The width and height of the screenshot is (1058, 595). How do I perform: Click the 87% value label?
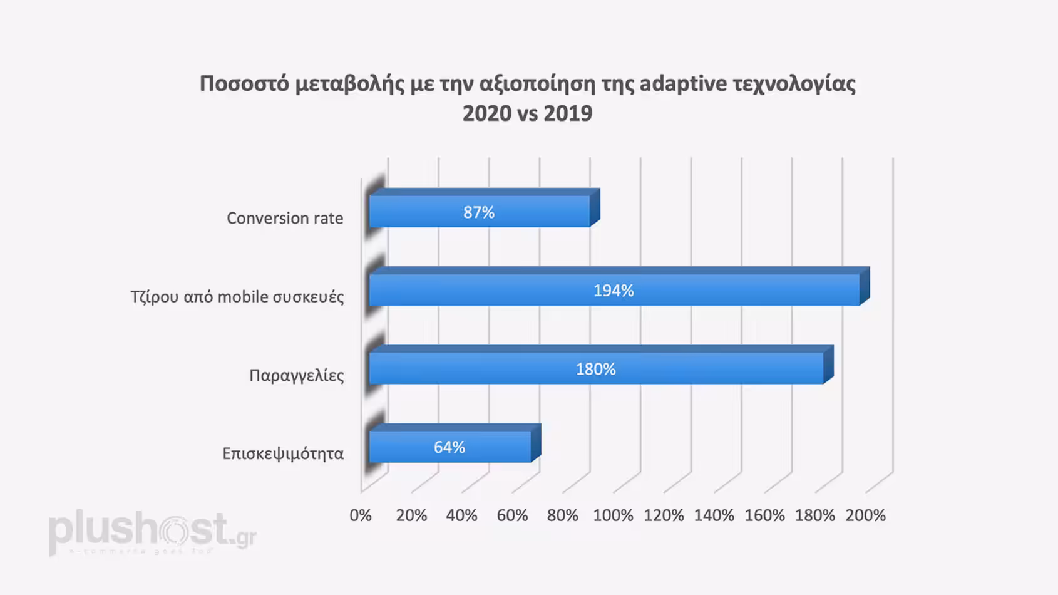coord(479,212)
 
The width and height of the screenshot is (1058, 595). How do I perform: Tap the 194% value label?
coord(614,291)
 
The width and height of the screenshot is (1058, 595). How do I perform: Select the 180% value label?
coord(595,369)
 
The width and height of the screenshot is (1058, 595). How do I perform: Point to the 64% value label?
coord(449,447)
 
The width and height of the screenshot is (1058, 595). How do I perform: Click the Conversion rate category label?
coord(285,218)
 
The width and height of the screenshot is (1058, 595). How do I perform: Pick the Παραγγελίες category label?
coord(296,375)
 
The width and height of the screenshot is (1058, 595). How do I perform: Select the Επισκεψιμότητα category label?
coord(283,453)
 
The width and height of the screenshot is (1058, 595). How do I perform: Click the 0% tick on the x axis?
coord(361,515)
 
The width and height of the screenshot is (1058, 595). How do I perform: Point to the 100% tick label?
coord(613,515)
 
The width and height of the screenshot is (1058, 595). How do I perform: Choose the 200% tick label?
coord(865,515)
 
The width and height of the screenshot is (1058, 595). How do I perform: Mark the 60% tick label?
coord(512,515)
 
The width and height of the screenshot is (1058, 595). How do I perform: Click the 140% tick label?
coord(714,515)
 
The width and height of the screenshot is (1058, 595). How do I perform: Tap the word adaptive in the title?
coord(683,83)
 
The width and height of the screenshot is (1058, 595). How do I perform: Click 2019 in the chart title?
coord(568,113)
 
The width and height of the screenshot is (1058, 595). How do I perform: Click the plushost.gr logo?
coord(152,532)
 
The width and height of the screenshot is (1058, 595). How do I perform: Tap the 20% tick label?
coord(411,515)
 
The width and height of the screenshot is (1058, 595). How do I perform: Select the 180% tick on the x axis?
coord(814,515)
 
